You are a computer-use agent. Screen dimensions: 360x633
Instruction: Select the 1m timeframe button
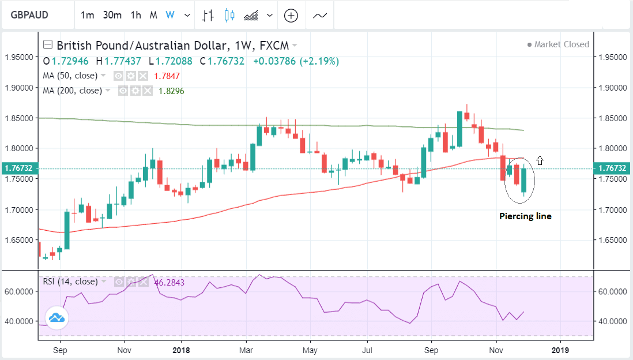[87, 16]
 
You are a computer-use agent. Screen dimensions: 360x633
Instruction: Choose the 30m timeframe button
[112, 16]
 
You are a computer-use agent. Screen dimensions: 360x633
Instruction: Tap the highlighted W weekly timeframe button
[170, 16]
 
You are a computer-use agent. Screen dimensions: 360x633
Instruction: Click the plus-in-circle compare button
[291, 16]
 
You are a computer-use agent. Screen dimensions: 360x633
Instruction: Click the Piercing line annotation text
[525, 216]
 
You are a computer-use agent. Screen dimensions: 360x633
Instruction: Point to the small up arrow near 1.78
[540, 160]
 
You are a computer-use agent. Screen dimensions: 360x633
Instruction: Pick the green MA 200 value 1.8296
[172, 91]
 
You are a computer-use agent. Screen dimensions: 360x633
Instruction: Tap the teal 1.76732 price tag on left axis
[18, 168]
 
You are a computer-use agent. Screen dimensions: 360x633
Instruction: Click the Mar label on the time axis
[246, 350]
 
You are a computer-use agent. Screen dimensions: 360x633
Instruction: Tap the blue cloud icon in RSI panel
[56, 317]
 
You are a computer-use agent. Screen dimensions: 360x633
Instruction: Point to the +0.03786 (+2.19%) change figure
[296, 61]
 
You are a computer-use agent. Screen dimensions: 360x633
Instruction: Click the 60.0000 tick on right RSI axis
[612, 292]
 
